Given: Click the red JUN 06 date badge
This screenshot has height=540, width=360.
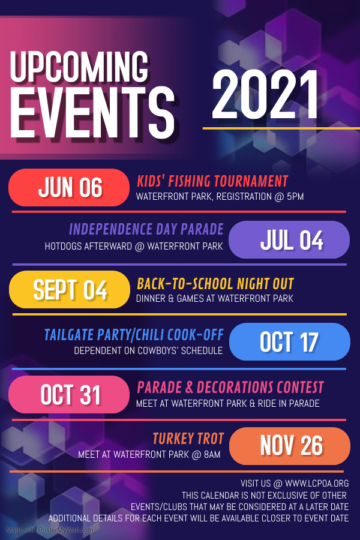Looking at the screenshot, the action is pyautogui.click(x=69, y=187).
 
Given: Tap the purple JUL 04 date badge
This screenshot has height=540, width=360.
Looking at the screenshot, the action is pyautogui.click(x=289, y=239).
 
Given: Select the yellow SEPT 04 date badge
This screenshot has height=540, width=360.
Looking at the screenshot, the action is pyautogui.click(x=70, y=289).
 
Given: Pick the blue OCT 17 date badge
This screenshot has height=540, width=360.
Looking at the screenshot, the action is pyautogui.click(x=289, y=341).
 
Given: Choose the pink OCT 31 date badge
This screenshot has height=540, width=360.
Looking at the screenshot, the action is pyautogui.click(x=69, y=394).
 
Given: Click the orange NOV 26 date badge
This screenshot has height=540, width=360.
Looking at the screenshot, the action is pyautogui.click(x=289, y=446).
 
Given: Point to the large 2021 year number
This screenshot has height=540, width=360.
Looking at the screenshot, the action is pyautogui.click(x=265, y=95).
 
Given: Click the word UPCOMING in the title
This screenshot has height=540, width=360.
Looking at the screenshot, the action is pyautogui.click(x=80, y=67).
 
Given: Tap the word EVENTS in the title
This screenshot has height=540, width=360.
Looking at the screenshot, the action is pyautogui.click(x=92, y=113).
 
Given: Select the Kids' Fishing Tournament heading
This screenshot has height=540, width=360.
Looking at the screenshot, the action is pyautogui.click(x=212, y=181).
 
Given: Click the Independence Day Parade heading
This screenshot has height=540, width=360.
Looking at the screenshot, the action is pyautogui.click(x=146, y=229).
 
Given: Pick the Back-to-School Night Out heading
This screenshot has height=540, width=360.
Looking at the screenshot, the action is pyautogui.click(x=215, y=284).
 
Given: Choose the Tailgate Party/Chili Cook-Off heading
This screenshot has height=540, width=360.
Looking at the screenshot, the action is pyautogui.click(x=134, y=335).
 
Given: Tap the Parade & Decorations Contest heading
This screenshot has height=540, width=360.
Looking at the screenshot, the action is pyautogui.click(x=230, y=388).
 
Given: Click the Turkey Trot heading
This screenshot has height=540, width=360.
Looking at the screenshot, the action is pyautogui.click(x=188, y=439).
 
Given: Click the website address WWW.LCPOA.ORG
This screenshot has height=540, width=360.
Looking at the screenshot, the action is pyautogui.click(x=317, y=484).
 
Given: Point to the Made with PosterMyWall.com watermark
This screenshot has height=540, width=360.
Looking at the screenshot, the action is pyautogui.click(x=49, y=530).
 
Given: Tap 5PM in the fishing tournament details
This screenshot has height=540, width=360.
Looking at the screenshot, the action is pyautogui.click(x=295, y=197).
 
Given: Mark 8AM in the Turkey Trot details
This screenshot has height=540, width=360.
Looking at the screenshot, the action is pyautogui.click(x=212, y=455).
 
